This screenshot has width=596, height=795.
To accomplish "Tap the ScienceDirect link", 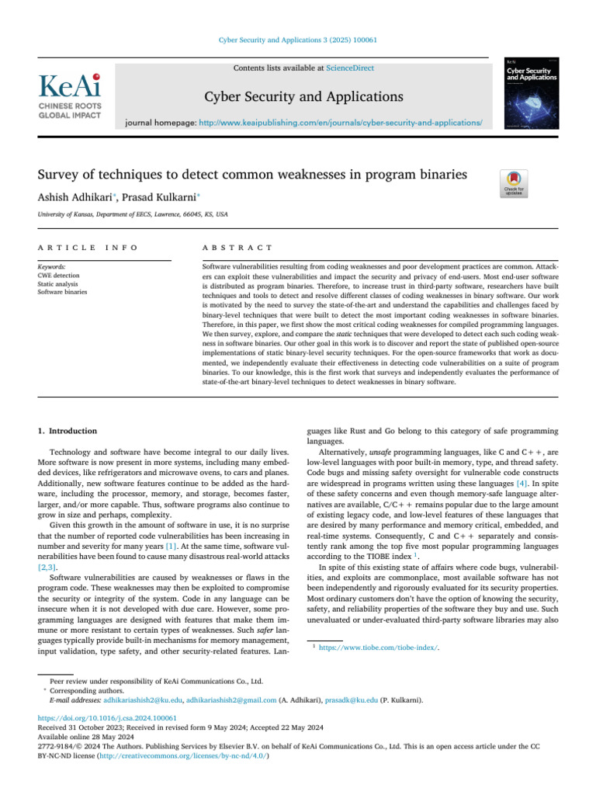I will point(349,68).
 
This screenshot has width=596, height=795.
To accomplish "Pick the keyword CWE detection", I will point(59,275).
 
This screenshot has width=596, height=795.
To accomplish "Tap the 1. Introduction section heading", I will point(68,431).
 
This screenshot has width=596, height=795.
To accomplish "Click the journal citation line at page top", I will point(297,40).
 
